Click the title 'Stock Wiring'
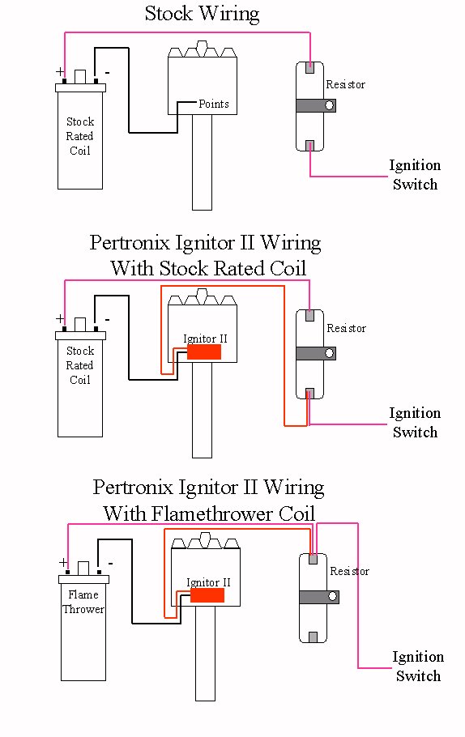[x=202, y=14]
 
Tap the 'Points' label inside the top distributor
[x=214, y=104]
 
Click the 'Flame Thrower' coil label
[x=83, y=602]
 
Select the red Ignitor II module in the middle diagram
[x=204, y=352]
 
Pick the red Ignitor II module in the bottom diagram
[x=207, y=595]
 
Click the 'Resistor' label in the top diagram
[x=346, y=84]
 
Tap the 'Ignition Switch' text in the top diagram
[x=415, y=174]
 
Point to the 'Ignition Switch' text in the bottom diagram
[x=418, y=666]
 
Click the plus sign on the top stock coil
[x=60, y=72]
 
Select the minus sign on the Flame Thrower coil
[x=110, y=563]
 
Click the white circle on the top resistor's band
[x=330, y=105]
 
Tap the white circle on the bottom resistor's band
[x=333, y=597]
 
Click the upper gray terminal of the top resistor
[x=309, y=67]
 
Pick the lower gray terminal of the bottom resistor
[x=314, y=637]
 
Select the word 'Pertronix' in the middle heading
[x=130, y=243]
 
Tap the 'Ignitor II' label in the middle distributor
[x=205, y=339]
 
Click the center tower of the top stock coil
[x=80, y=77]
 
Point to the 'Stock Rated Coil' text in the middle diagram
[x=80, y=365]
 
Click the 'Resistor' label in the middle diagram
[x=347, y=328]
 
